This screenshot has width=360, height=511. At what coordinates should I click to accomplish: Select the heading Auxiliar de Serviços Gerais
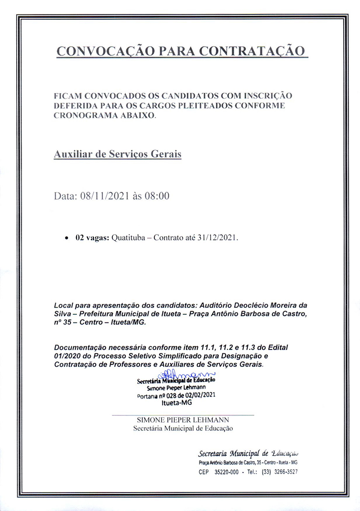click(117, 154)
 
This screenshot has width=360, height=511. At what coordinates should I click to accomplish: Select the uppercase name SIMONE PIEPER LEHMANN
click(183, 420)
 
